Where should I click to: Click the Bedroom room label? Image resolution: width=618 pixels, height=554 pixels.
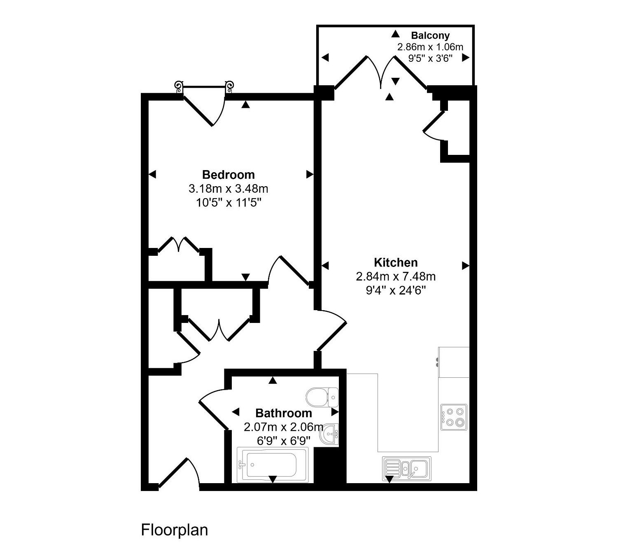click(228, 175)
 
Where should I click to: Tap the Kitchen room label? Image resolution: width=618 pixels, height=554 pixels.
click(396, 262)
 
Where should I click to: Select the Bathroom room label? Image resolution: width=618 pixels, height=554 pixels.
click(283, 413)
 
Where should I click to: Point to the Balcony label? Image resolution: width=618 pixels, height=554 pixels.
click(430, 35)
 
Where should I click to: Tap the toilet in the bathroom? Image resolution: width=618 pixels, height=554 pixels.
click(322, 397)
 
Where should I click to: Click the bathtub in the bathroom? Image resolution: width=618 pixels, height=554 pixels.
click(273, 465)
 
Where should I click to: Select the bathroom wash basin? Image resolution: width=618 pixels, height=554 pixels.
click(330, 434)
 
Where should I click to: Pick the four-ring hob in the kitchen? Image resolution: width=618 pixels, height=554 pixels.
click(454, 417)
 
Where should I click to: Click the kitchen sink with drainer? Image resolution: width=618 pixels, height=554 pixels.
click(407, 469)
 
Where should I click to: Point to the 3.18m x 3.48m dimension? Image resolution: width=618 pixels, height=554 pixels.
click(228, 189)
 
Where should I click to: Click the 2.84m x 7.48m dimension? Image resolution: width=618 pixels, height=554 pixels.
click(396, 276)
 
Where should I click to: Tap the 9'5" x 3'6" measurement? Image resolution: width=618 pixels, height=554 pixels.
click(430, 58)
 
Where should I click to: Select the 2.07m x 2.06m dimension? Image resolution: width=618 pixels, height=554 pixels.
click(283, 427)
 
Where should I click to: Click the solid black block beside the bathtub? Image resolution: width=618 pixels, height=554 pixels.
click(330, 465)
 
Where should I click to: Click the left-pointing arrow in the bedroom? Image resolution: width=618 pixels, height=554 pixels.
click(152, 174)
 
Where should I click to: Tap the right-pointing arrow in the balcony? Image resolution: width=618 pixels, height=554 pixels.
click(466, 58)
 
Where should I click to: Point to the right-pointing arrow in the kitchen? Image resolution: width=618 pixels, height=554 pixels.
click(466, 266)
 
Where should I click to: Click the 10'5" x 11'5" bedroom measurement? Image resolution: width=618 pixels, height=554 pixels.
click(229, 203)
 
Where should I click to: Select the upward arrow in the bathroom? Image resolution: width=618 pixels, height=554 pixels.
click(273, 380)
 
